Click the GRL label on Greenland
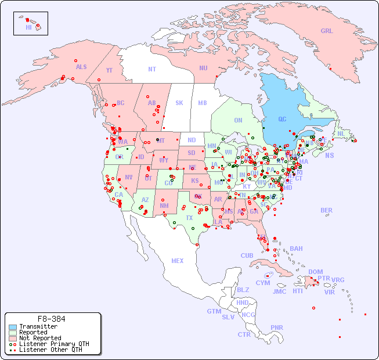click(x=327, y=31)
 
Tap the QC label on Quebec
click(x=282, y=120)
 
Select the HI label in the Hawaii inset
click(x=28, y=27)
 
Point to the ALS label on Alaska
click(x=81, y=67)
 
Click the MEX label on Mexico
click(x=178, y=261)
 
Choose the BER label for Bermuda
click(x=326, y=210)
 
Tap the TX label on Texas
click(x=189, y=218)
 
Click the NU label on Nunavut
click(x=203, y=68)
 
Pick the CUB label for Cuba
click(x=247, y=255)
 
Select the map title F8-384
click(x=51, y=319)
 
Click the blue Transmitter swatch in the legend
click(x=13, y=326)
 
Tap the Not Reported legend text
click(x=40, y=338)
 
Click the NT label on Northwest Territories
click(x=152, y=69)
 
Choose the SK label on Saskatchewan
click(x=179, y=103)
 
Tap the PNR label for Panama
click(x=277, y=327)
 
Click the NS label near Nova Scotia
click(x=329, y=155)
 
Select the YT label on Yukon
click(x=109, y=70)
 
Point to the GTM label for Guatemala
click(x=214, y=311)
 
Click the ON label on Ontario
click(x=238, y=120)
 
